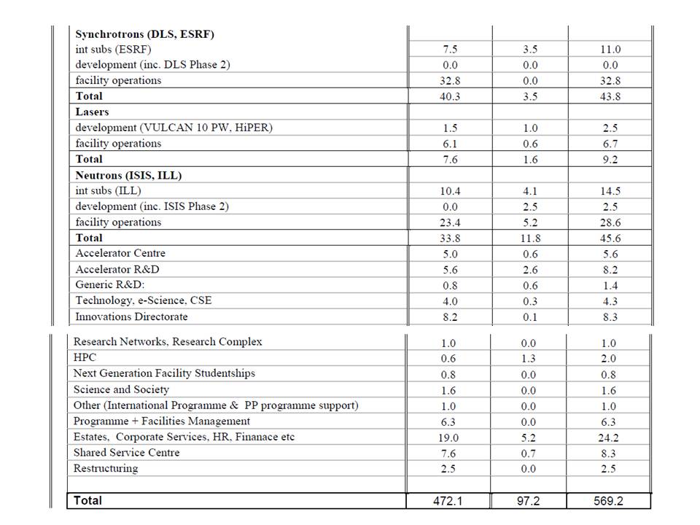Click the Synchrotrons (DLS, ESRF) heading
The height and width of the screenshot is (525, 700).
point(144,34)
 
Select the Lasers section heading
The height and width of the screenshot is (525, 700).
point(92,112)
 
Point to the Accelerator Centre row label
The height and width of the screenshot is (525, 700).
point(120,253)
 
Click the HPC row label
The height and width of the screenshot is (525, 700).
point(85,357)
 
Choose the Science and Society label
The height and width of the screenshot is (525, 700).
point(121,389)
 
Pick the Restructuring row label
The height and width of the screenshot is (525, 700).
point(106,468)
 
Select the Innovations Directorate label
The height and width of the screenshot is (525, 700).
point(131,316)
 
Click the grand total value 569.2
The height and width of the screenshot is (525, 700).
point(609,501)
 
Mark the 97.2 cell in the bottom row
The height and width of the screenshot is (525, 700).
point(529,501)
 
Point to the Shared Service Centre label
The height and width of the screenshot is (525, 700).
point(126,452)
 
